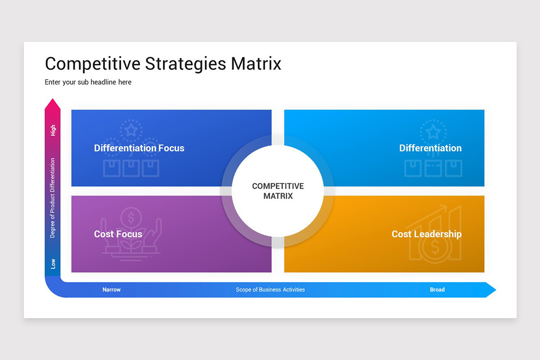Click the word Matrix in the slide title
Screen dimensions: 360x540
[256, 63]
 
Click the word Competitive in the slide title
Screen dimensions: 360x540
[93, 63]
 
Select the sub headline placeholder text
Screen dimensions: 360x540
[88, 82]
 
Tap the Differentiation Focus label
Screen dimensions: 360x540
[139, 148]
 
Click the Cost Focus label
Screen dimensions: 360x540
[118, 234]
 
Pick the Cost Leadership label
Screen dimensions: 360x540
[426, 234]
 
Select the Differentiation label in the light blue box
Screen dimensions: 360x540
[430, 148]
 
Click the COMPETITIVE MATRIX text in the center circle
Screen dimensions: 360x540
[278, 191]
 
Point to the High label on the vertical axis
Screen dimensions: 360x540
[53, 130]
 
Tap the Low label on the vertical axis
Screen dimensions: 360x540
[53, 264]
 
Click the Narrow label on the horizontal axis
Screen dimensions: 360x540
[112, 290]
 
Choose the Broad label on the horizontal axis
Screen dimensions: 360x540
[437, 290]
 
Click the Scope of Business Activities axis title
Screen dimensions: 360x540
[270, 290]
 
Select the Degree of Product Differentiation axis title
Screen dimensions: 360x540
[53, 198]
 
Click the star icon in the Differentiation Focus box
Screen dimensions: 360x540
[131, 130]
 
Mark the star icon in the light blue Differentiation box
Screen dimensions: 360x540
[433, 132]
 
